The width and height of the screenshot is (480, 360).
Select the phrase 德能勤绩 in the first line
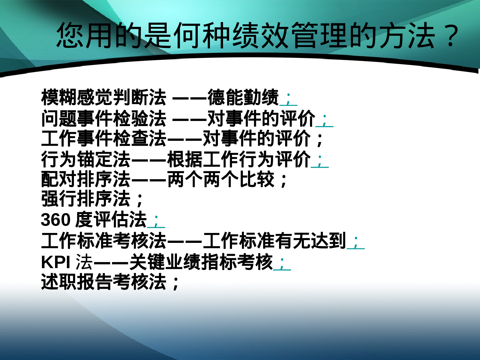pyautogui.click(x=243, y=97)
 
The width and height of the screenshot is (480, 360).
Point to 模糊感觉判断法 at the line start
pyautogui.click(x=104, y=97)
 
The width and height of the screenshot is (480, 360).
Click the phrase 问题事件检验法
pyautogui.click(x=104, y=118)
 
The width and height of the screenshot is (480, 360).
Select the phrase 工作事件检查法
pyautogui.click(x=104, y=139)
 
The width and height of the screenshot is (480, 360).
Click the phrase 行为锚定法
pyautogui.click(x=86, y=159)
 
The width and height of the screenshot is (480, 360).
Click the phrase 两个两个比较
pyautogui.click(x=221, y=179)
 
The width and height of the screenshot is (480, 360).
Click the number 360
pyautogui.click(x=55, y=220)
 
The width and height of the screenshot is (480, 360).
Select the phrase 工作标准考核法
pyautogui.click(x=104, y=241)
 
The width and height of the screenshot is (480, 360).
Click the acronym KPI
pyautogui.click(x=55, y=262)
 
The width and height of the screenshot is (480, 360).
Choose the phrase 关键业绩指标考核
pyautogui.click(x=201, y=262)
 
